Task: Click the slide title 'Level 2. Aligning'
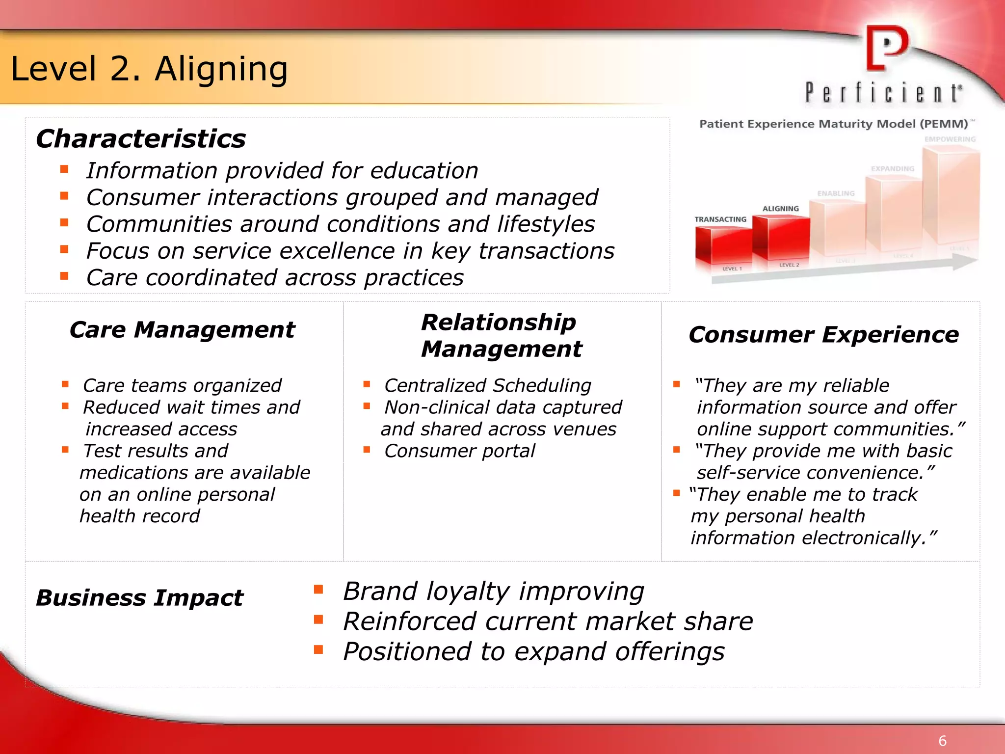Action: [149, 69]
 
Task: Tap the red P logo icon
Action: [886, 48]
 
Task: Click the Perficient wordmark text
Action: [883, 93]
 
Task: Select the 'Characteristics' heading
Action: [141, 138]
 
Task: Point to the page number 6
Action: [942, 741]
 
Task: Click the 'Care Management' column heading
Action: [182, 329]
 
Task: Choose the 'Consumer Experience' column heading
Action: [823, 335]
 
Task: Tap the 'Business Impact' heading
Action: [139, 598]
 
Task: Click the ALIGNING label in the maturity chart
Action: [780, 209]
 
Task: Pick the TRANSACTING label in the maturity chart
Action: [720, 219]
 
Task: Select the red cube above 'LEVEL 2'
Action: [781, 238]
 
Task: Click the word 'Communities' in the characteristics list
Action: [159, 224]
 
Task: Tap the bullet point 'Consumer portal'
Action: [459, 451]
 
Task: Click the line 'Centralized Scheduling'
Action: [488, 386]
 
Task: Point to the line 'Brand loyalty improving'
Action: [493, 591]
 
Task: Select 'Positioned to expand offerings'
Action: [533, 652]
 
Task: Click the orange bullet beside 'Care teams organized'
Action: [65, 384]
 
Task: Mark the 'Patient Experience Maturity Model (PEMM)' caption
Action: [833, 124]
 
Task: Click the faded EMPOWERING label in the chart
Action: [950, 139]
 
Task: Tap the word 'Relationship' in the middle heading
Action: [499, 323]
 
